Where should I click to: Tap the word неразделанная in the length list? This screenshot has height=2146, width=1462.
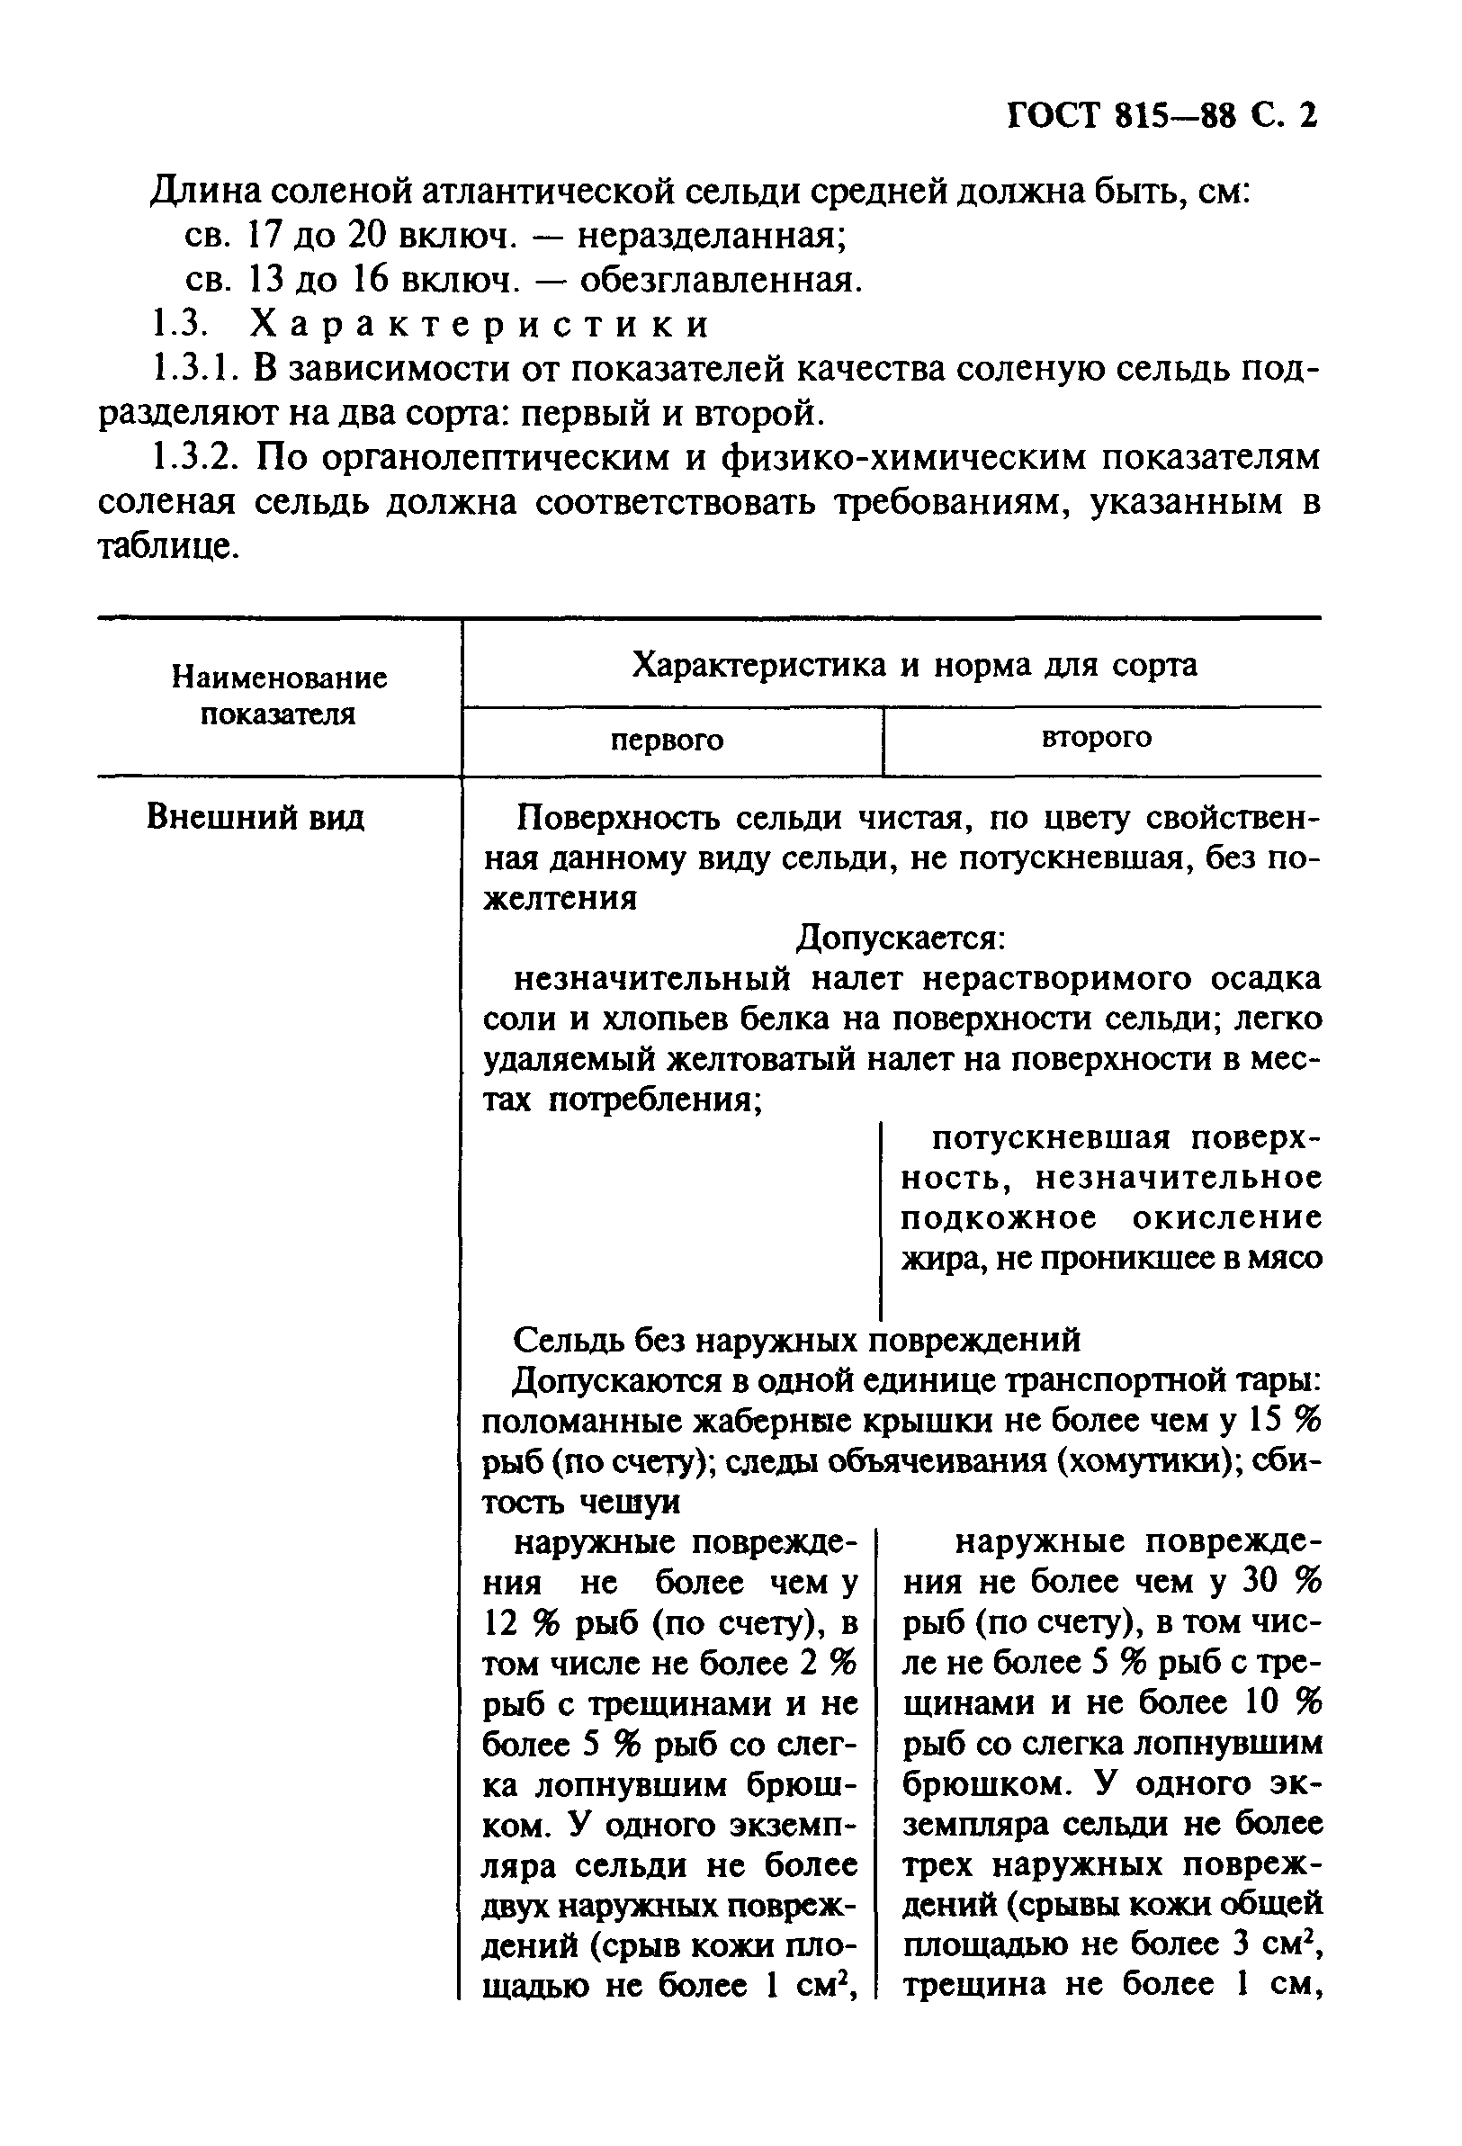[712, 237]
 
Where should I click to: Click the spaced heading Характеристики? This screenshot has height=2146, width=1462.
[480, 324]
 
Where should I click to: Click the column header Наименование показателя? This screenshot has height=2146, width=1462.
[279, 696]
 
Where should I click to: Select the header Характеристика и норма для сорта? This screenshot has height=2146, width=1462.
[913, 664]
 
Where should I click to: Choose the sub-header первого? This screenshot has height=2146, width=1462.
[667, 741]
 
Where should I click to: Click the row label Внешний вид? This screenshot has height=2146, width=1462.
[255, 817]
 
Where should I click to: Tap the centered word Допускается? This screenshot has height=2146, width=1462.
[901, 938]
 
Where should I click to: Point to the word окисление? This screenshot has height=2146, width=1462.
[1226, 1218]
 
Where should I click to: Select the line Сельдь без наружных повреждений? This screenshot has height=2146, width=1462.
[796, 1339]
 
